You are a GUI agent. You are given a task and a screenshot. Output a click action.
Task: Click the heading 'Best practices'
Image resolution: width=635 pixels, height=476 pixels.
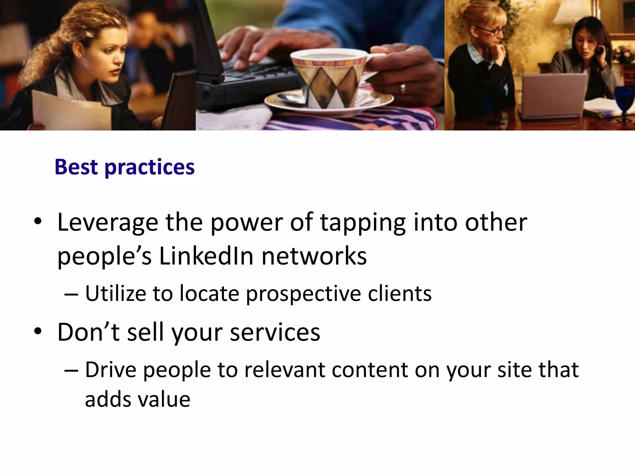pyautogui.click(x=125, y=167)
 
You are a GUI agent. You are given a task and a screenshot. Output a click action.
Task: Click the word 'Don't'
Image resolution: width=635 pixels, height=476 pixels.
pyautogui.click(x=88, y=332)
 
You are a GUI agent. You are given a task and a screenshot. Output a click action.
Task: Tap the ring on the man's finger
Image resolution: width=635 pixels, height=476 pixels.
pyautogui.click(x=402, y=88)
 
